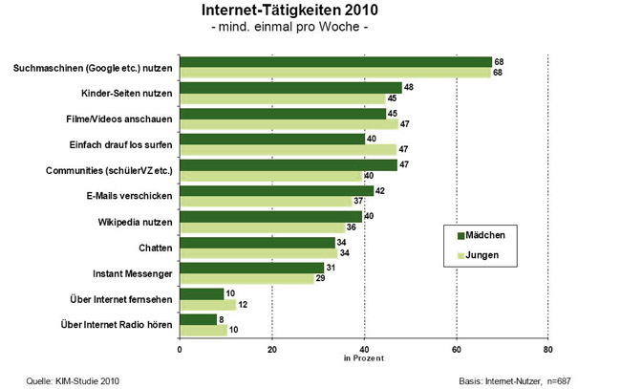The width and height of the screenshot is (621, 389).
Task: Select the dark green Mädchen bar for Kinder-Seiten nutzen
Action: coord(289,88)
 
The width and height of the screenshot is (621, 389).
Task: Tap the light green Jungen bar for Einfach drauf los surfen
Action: coord(288,149)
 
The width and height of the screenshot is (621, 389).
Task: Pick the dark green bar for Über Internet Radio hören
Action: coord(198,319)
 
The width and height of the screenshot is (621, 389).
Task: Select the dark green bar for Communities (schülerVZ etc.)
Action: coord(288,164)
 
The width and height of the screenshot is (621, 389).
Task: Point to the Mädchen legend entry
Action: coord(487,235)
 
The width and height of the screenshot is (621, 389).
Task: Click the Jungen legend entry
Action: coord(484,255)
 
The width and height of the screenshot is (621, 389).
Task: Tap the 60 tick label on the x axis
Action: coord(456,348)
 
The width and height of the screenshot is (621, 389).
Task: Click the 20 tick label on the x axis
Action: coord(271,348)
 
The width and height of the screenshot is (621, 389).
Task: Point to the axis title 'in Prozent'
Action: coord(363,357)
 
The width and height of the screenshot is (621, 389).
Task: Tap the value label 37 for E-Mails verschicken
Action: coord(357,201)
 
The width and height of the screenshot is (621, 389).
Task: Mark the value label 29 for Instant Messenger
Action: coord(320,278)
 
